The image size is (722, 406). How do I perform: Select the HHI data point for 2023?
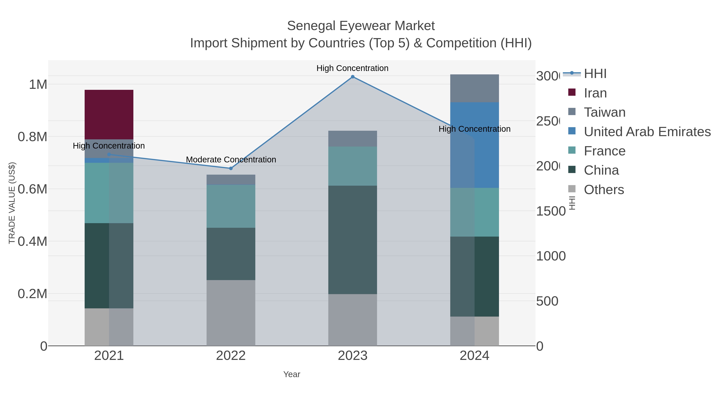(353, 77)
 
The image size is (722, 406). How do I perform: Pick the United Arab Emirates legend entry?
(647, 132)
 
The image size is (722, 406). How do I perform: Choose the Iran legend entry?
(595, 93)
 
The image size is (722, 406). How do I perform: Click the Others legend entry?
(604, 190)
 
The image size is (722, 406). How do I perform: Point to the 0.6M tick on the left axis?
(32, 189)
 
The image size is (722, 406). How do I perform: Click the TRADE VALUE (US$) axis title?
(12, 203)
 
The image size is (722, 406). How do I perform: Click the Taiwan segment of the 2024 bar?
(474, 88)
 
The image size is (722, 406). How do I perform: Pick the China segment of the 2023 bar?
(353, 240)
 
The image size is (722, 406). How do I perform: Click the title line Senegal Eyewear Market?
(361, 26)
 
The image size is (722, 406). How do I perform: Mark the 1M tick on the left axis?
(38, 84)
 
